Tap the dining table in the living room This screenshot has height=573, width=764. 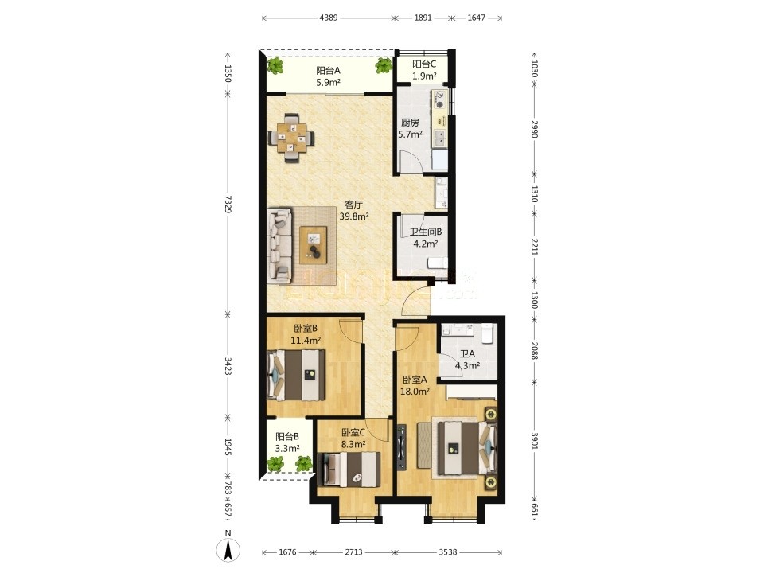click(291, 138)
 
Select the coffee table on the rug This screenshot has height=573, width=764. click(314, 242)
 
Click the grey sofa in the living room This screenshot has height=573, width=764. click(279, 246)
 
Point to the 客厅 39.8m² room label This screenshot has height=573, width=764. click(353, 210)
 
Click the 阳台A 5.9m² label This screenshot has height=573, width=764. click(328, 76)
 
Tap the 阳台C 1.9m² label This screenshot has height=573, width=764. click(424, 70)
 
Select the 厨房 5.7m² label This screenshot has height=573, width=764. click(410, 128)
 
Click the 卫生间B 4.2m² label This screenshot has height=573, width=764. click(425, 238)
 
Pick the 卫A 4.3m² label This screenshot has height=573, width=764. click(467, 360)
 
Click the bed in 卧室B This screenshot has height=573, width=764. click(296, 375)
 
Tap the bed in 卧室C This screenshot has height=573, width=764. click(349, 470)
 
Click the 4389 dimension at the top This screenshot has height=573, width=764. click(329, 18)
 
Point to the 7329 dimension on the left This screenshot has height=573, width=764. click(228, 205)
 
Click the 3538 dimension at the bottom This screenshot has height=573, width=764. click(448, 552)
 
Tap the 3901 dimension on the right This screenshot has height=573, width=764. click(534, 442)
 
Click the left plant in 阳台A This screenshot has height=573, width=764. click(276, 65)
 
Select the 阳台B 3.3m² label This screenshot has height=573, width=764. click(287, 442)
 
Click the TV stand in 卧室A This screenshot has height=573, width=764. click(401, 448)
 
